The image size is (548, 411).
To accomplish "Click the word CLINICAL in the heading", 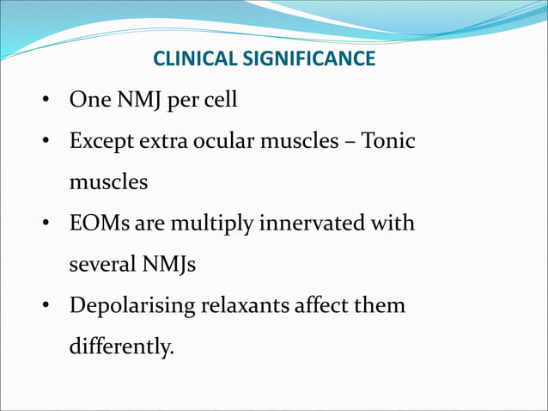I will tap(192, 59).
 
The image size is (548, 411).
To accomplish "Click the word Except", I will tap(100, 142).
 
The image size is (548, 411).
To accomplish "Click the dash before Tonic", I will tap(351, 142).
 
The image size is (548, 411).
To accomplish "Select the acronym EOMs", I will tap(96, 224).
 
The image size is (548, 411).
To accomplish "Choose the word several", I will tap(100, 265).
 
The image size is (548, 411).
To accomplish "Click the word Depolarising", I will tap(130, 307).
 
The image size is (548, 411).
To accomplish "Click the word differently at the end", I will tap(120, 348).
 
